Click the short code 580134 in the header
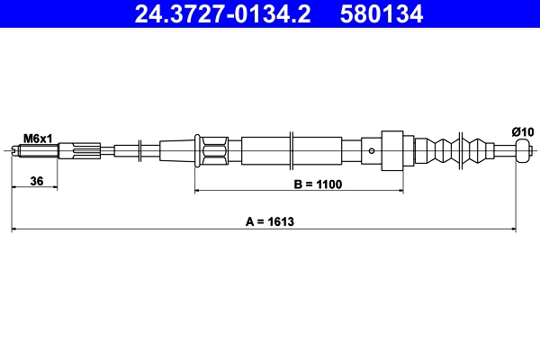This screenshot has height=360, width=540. coord(379,13)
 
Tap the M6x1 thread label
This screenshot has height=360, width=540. coord(38,138)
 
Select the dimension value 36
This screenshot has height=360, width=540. coord(37,181)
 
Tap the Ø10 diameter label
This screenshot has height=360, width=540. coord(523,132)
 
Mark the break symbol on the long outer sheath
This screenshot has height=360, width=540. coord(292,150)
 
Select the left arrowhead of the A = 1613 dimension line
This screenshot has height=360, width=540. coord(15,230)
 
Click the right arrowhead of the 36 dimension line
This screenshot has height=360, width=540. coord(54,188)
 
